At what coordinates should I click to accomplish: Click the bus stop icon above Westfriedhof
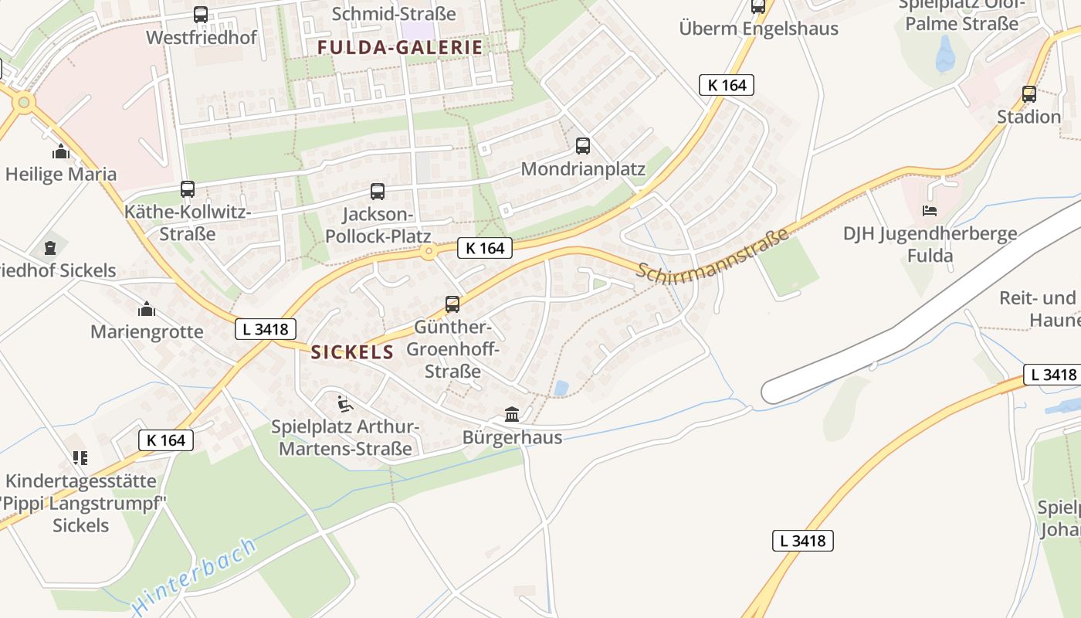pos(201,14)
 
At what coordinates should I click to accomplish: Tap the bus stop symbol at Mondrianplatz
pos(583,145)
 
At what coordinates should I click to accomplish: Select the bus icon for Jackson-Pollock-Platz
pos(378,191)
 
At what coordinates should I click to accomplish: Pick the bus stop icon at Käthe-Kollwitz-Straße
pos(188,188)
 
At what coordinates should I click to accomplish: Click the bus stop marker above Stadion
pos(1028,94)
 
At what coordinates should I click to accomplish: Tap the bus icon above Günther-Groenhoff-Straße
pos(452,304)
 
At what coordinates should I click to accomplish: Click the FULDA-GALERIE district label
pos(400,47)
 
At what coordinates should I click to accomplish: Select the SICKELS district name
pos(352,353)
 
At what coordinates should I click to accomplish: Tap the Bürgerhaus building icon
pos(512,414)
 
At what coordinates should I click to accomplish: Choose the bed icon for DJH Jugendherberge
pos(930,210)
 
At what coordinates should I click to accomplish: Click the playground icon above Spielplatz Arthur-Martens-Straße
pos(345,403)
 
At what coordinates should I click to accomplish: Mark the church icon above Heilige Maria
pos(61,151)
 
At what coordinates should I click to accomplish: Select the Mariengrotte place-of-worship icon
pos(146,310)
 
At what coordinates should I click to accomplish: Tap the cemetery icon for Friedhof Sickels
pos(50,248)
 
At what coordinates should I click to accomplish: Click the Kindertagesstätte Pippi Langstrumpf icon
pos(80,458)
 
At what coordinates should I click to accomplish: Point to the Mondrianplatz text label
pos(583,169)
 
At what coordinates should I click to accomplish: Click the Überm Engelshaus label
pos(758,29)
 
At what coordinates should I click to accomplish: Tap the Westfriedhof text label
pos(201,37)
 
